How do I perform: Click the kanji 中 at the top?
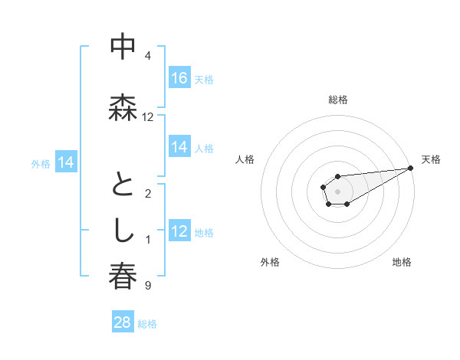click(x=123, y=47)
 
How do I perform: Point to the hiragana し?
click(x=123, y=231)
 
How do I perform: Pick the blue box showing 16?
click(x=179, y=78)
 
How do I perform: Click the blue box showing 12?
click(x=179, y=231)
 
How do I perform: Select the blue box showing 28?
click(x=123, y=322)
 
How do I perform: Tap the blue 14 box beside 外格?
click(x=66, y=162)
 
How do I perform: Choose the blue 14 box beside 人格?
click(x=179, y=147)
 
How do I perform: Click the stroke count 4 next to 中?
click(x=148, y=56)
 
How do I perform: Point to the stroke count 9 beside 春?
click(x=148, y=286)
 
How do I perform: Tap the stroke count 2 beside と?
click(x=148, y=194)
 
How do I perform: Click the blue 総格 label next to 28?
click(x=147, y=324)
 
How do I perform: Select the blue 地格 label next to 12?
click(x=204, y=232)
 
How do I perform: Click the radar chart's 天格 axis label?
click(x=431, y=159)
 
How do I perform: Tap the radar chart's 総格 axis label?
click(x=337, y=100)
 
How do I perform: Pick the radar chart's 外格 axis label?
click(x=270, y=262)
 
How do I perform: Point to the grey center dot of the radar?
click(x=337, y=191)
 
